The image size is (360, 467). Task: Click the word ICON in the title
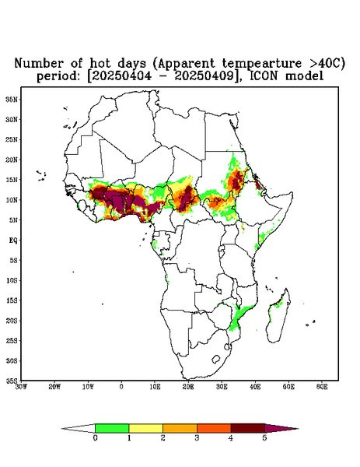(264, 76)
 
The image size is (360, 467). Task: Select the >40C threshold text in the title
(324, 63)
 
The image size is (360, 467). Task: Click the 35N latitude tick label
(12, 99)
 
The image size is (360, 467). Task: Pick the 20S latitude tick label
(12, 321)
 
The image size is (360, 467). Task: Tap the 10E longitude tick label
(155, 387)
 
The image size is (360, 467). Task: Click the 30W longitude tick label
(21, 387)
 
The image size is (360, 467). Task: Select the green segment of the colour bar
(112, 428)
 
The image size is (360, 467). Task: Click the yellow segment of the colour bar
(145, 428)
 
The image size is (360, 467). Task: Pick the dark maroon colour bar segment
(248, 428)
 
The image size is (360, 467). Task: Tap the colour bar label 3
(197, 438)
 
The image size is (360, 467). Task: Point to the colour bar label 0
(95, 438)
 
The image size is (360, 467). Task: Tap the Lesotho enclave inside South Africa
(216, 359)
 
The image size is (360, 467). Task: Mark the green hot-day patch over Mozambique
(239, 318)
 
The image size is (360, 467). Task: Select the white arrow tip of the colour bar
(79, 428)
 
